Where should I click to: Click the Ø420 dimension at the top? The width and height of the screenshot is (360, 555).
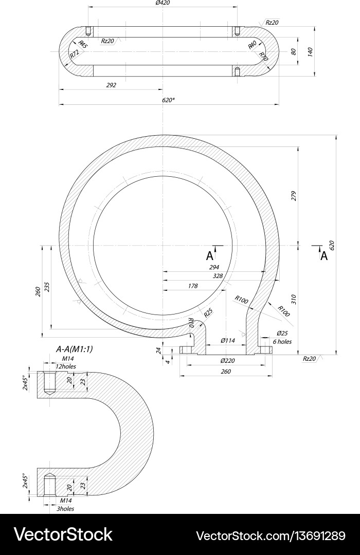coord(163,3)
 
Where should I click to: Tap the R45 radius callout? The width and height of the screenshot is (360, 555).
coord(83,44)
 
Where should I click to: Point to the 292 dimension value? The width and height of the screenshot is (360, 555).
coord(111,85)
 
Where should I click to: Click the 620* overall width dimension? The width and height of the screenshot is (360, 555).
coord(168,100)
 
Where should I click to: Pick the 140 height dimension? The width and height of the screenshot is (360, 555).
coord(310,51)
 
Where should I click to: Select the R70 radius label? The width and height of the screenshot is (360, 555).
coord(263,56)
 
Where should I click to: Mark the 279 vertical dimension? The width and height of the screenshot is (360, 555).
coord(294,196)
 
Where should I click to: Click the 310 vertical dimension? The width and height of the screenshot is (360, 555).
coord(294,299)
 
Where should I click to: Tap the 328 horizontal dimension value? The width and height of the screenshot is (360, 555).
coord(218,276)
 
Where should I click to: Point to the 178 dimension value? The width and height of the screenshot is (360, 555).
coord(193,286)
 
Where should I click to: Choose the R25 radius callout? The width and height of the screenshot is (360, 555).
coord(208,312)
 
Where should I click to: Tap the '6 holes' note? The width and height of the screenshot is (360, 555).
coord(282,341)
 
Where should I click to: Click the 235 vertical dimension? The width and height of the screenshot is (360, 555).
coord(47,286)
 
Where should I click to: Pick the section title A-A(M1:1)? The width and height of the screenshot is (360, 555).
coord(78,349)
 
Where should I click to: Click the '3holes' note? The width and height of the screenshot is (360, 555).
coord(65,508)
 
